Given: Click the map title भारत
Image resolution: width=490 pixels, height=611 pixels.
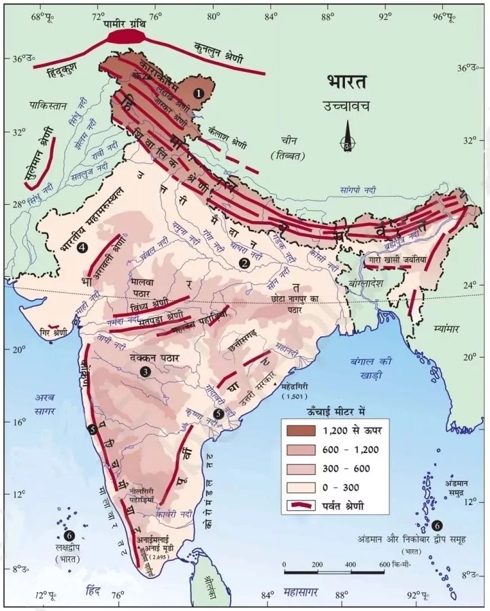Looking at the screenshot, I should [346, 83].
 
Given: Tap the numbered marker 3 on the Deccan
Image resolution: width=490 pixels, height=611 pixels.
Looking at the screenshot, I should [144, 371].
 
